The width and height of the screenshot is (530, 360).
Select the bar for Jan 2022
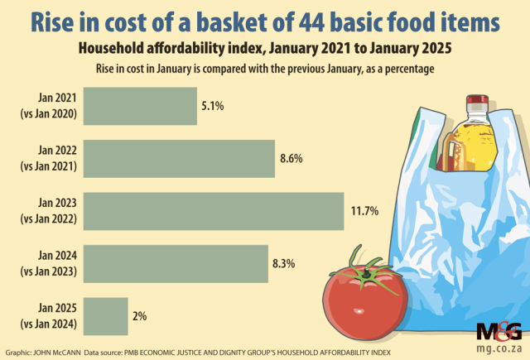[179, 159]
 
